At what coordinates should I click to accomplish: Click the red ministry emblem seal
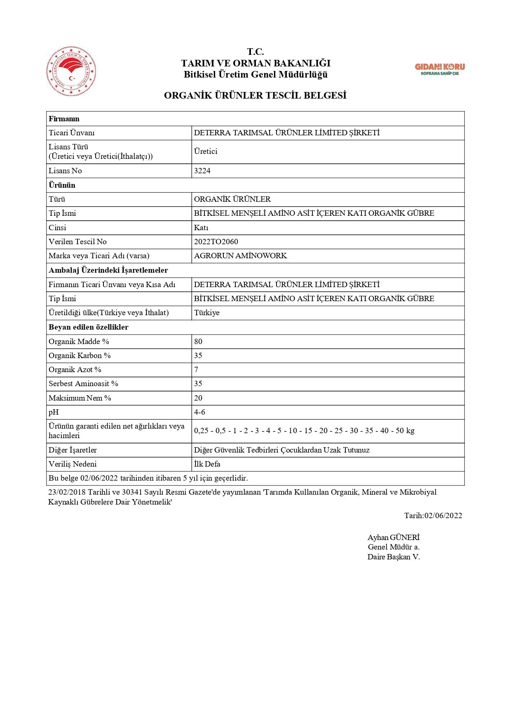[x=71, y=71]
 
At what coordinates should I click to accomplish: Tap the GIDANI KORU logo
[x=439, y=69]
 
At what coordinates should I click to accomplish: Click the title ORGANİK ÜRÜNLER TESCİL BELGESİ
[x=255, y=95]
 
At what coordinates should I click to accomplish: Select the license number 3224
[x=202, y=171]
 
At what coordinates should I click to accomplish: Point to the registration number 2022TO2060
[x=216, y=242]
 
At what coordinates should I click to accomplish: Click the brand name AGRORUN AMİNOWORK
[x=240, y=256]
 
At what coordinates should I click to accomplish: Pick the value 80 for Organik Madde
[x=198, y=342]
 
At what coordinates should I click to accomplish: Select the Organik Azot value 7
[x=196, y=370]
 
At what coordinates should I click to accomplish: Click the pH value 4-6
[x=199, y=412]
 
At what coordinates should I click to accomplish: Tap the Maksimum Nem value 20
[x=198, y=398]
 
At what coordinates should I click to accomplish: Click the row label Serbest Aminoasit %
[x=83, y=384]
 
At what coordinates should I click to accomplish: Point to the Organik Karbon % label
[x=80, y=356]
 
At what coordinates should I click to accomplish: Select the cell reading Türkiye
[x=207, y=313]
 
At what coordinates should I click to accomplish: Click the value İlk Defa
[x=207, y=464]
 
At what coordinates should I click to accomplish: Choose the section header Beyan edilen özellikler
[x=89, y=327]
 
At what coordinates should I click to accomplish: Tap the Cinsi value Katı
[x=201, y=228]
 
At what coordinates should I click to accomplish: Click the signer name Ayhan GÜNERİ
[x=393, y=538]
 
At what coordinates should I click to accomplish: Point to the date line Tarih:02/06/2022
[x=433, y=516]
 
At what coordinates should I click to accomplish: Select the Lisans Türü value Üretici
[x=206, y=151]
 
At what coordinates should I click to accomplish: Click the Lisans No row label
[x=65, y=171]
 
